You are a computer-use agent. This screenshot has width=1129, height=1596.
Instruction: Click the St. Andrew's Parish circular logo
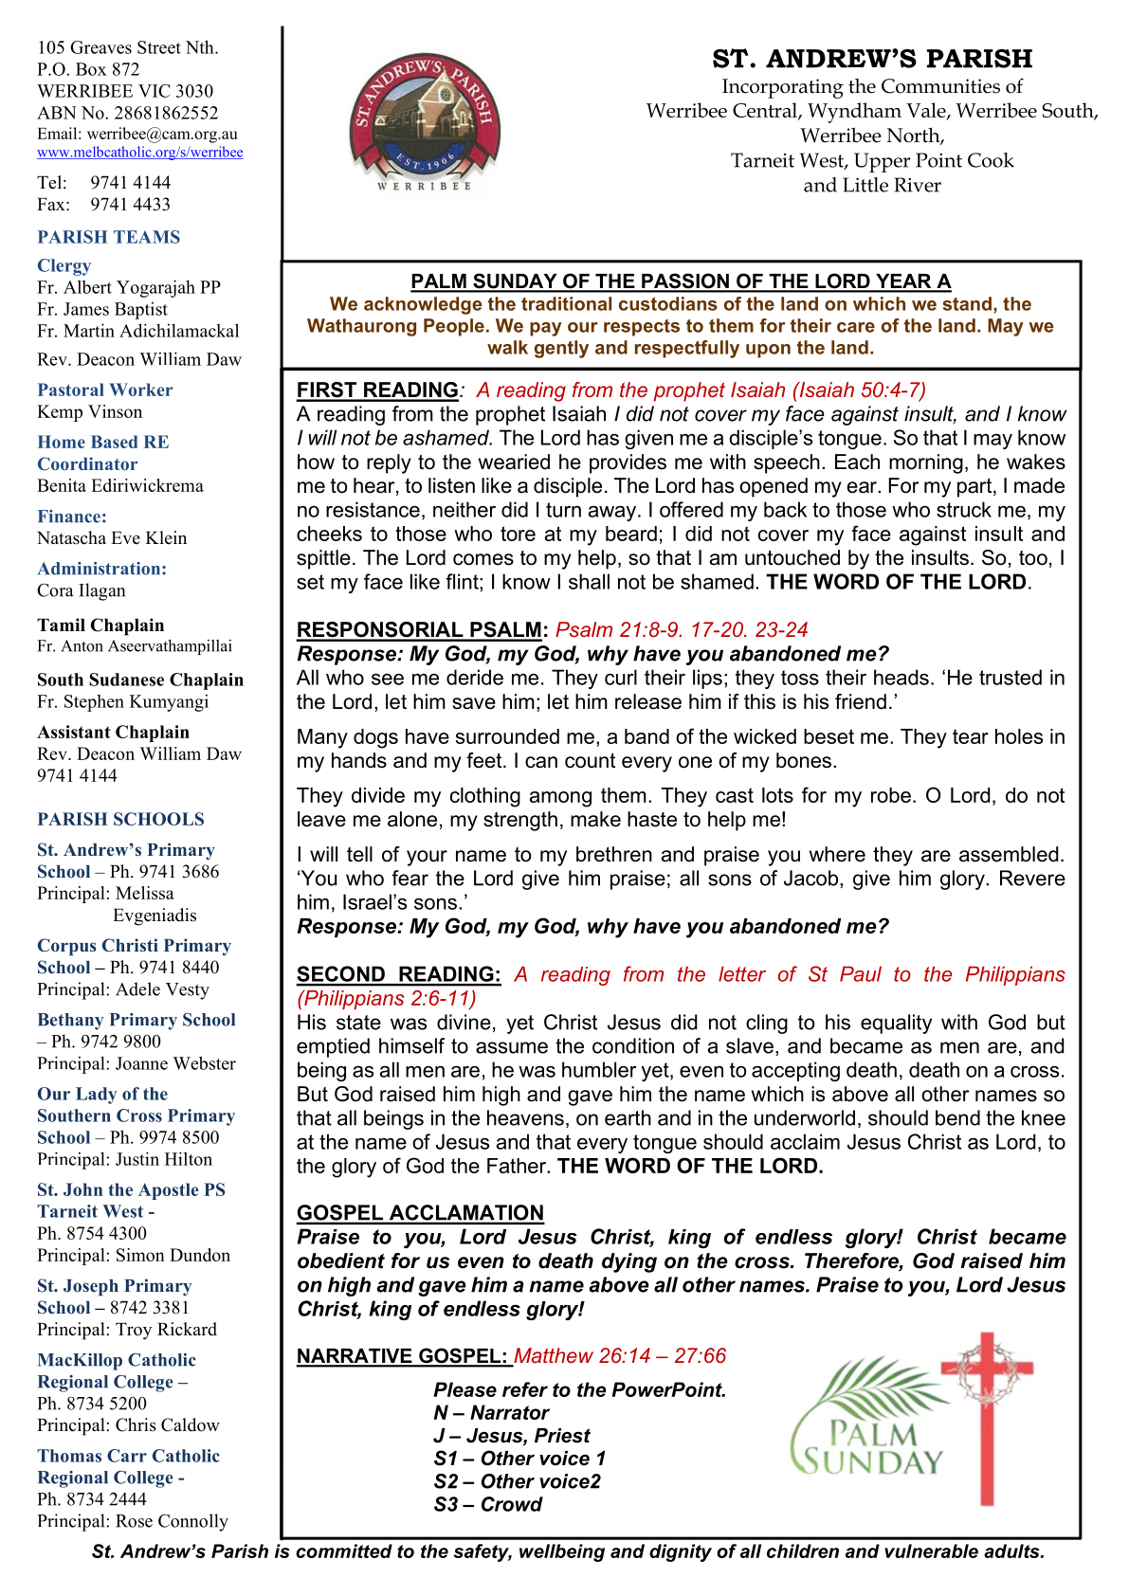pyautogui.click(x=424, y=120)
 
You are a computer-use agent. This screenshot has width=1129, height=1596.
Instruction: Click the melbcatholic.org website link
pyautogui.click(x=140, y=153)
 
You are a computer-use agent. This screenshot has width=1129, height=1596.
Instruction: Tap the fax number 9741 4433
pyautogui.click(x=130, y=205)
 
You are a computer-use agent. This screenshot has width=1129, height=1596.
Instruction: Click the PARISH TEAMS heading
pyautogui.click(x=109, y=238)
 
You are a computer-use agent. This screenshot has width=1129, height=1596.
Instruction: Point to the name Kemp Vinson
pyautogui.click(x=90, y=412)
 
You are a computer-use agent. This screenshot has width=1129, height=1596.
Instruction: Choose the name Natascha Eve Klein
pyautogui.click(x=112, y=538)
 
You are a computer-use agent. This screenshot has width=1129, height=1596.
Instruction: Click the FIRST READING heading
pyautogui.click(x=377, y=390)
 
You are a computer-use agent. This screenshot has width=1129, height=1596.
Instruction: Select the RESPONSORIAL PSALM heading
pyautogui.click(x=421, y=630)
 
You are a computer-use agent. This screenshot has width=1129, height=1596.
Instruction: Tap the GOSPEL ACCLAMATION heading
pyautogui.click(x=420, y=1213)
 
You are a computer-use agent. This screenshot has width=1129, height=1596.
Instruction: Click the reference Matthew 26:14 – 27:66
pyautogui.click(x=620, y=1356)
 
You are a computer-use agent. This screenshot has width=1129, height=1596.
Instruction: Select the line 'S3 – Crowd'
pyautogui.click(x=487, y=1505)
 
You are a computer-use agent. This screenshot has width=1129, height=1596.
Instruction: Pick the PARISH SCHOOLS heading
pyautogui.click(x=120, y=820)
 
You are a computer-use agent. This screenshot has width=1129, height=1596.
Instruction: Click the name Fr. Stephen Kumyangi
pyautogui.click(x=122, y=702)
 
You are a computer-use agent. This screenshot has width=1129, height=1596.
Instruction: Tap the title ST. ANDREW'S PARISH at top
pyautogui.click(x=872, y=59)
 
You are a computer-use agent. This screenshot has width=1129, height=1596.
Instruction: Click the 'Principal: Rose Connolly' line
pyautogui.click(x=133, y=1522)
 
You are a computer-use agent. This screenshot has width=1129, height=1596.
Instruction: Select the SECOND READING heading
pyautogui.click(x=398, y=975)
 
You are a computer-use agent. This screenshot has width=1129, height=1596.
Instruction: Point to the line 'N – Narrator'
pyautogui.click(x=491, y=1413)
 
